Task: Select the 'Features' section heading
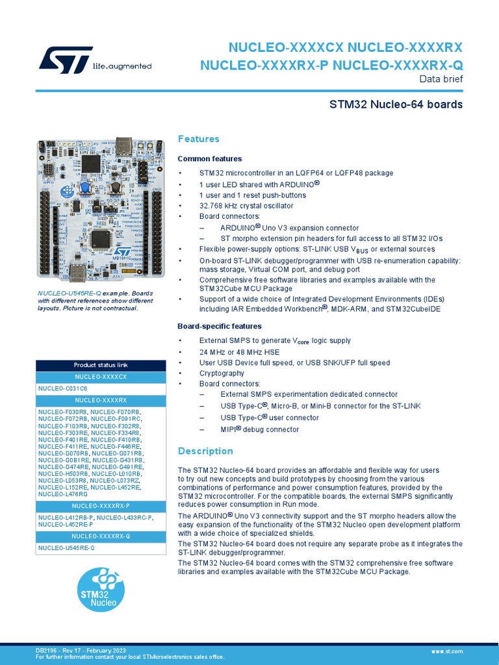pos(198,139)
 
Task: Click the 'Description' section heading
pos(205,451)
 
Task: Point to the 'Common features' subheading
pos(210,158)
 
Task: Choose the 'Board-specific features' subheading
pos(220,326)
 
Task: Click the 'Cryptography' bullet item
pos(222,373)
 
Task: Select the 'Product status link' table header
pos(101,365)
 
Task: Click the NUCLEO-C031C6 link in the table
pos(62,388)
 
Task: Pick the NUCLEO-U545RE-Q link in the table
pos(66,548)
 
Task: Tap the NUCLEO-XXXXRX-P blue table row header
pos(101,505)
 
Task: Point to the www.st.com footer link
pos(447,650)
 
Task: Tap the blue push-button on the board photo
pos(85,188)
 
